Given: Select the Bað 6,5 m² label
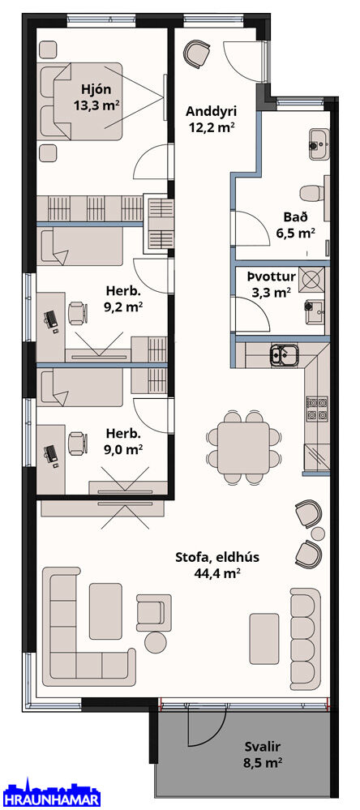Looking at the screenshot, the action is [296, 225].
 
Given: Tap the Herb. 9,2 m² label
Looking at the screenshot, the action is [123, 298].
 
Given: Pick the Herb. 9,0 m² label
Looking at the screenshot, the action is [123, 441].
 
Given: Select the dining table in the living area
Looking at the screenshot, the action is [242, 448].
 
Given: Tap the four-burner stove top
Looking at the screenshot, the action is [317, 409].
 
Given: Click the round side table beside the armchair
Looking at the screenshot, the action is [156, 641].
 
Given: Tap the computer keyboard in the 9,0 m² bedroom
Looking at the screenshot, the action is [50, 455].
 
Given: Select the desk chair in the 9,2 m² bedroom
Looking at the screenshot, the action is [77, 312].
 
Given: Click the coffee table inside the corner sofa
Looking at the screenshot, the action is [105, 611].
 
